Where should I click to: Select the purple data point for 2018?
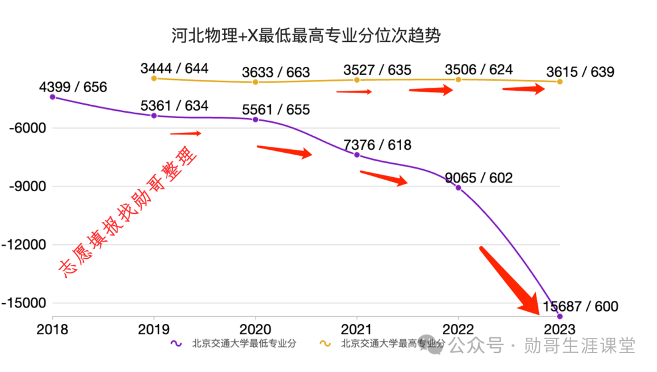pyautogui.click(x=52, y=97)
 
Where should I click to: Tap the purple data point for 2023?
pyautogui.click(x=560, y=316)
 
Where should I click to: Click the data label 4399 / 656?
pyautogui.click(x=72, y=87)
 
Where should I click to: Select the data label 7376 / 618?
pyautogui.click(x=377, y=145)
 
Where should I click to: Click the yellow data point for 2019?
pyautogui.click(x=154, y=79)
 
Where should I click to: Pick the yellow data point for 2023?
pyautogui.click(x=560, y=82)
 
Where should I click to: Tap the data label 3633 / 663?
pyautogui.click(x=276, y=72)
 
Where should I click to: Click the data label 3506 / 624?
pyautogui.click(x=479, y=69)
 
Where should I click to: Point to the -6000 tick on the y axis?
pyautogui.click(x=24, y=128)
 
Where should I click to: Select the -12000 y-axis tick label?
pyautogui.click(x=24, y=245)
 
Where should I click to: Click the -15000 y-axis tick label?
pyautogui.click(x=24, y=303)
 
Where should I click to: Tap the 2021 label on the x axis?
pyautogui.click(x=356, y=329)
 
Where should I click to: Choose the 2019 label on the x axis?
pyautogui.click(x=154, y=329)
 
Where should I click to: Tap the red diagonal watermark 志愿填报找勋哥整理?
pyautogui.click(x=128, y=214)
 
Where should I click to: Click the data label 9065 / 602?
pyautogui.click(x=479, y=178)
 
